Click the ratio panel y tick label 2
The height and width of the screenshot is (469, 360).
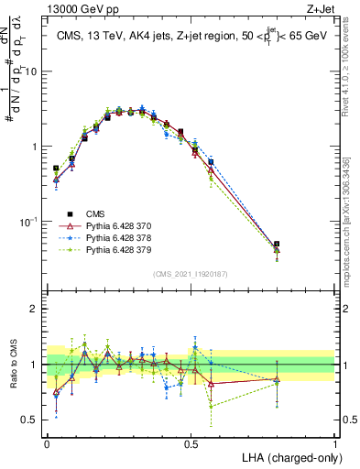pos(33,309)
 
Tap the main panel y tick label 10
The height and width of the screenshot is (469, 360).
pos(31,71)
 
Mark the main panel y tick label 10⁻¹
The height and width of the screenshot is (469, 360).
pos(29,222)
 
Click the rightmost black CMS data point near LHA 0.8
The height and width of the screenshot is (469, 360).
pos(277,245)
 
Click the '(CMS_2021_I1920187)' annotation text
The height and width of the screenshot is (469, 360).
pos(191,273)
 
